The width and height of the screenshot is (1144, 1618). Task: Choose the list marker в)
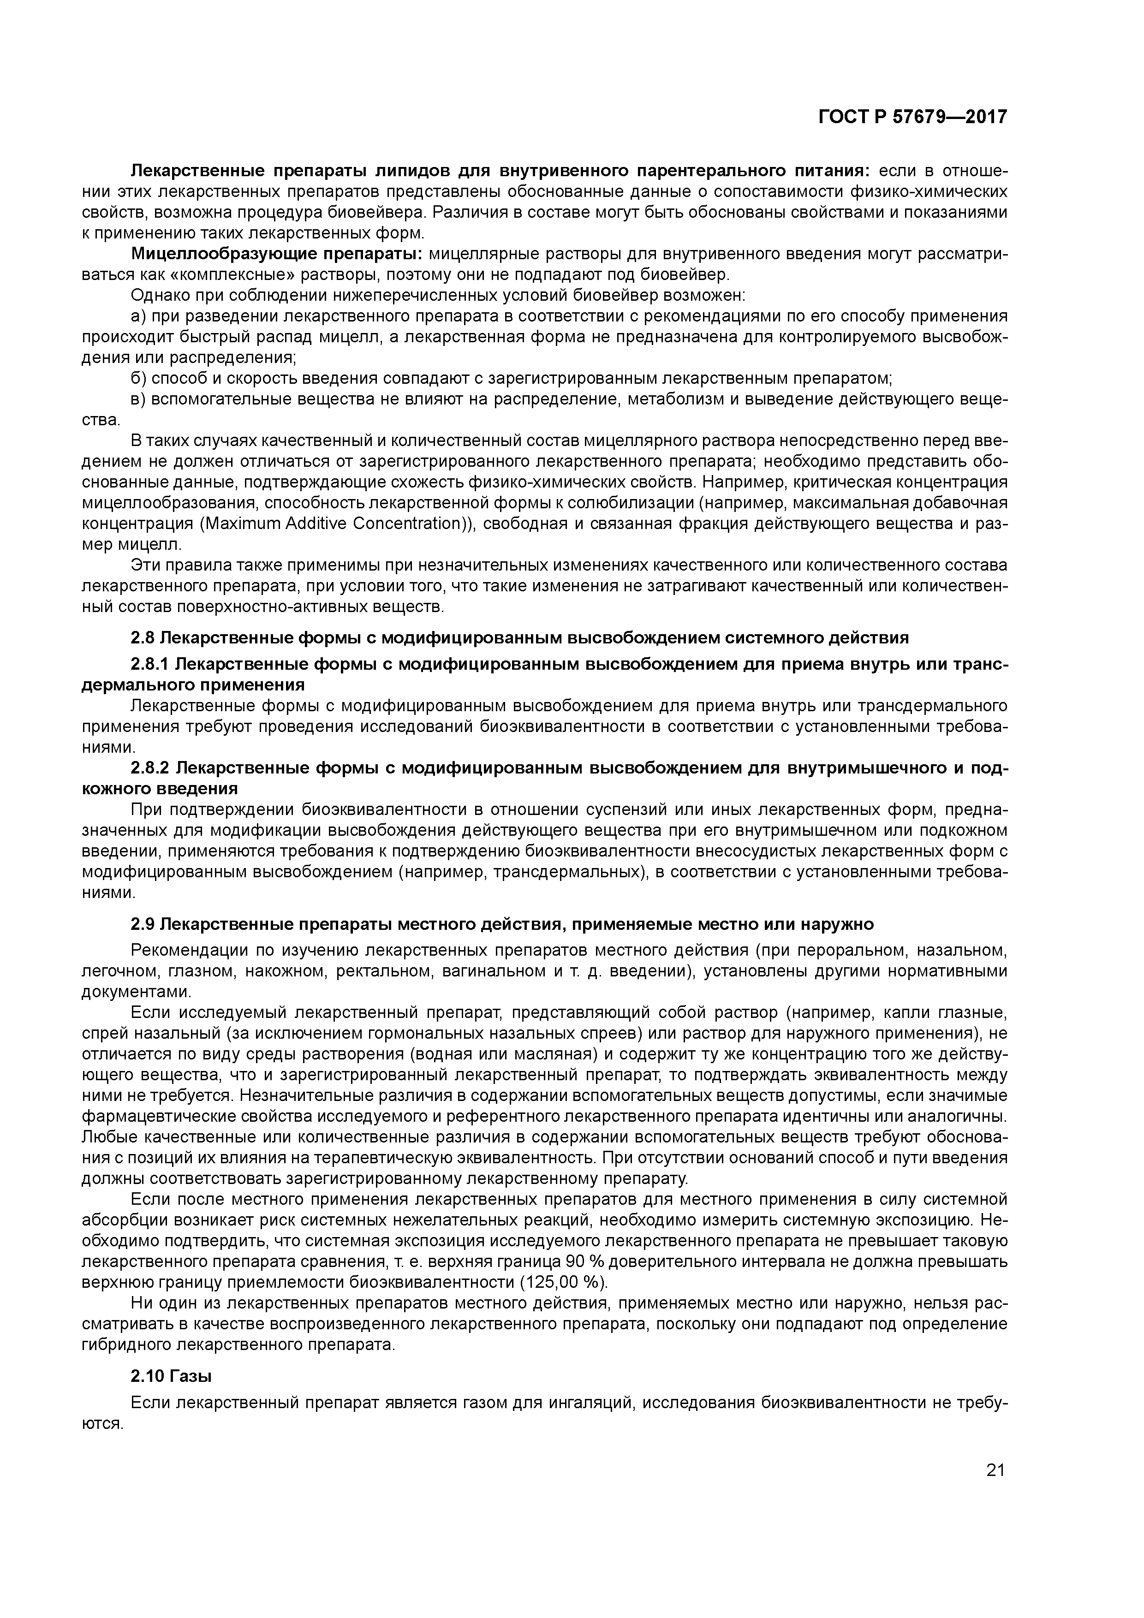pos(138,399)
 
